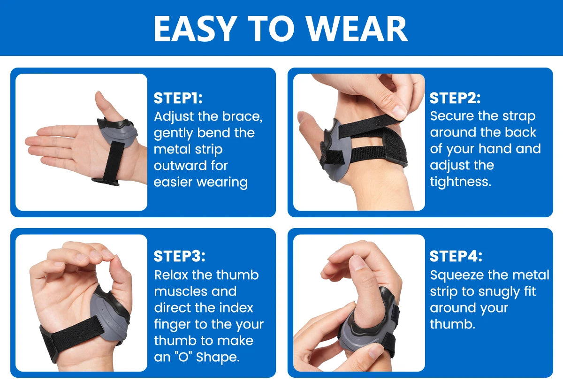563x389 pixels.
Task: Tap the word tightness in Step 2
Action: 460,182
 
